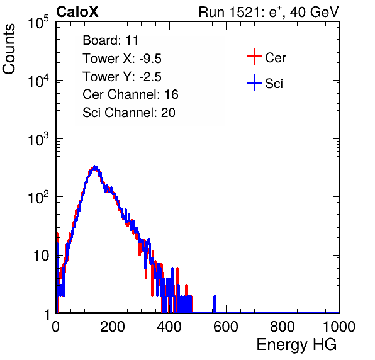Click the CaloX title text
pyautogui.click(x=77, y=12)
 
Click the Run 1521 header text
pyautogui.click(x=269, y=13)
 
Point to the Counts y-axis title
pyautogui.click(x=9, y=49)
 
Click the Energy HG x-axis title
pyautogui.click(x=296, y=345)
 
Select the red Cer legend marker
pyautogui.click(x=254, y=57)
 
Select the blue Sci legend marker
pyautogui.click(x=254, y=82)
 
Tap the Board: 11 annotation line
pyautogui.click(x=111, y=40)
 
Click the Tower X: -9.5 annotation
pyautogui.click(x=122, y=59)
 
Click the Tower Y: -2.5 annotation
pyautogui.click(x=122, y=77)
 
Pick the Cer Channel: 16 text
pyautogui.click(x=130, y=94)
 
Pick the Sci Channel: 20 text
pyautogui.click(x=129, y=113)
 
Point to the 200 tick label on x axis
pyautogui.click(x=113, y=327)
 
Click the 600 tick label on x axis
pyautogui.click(x=226, y=327)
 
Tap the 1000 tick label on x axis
pyautogui.click(x=339, y=327)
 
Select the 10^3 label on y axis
pyautogui.click(x=38, y=139)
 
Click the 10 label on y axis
pyautogui.click(x=41, y=256)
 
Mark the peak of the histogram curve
pyautogui.click(x=95, y=167)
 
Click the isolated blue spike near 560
pyautogui.click(x=215, y=304)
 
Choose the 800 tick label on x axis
pyautogui.click(x=283, y=327)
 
